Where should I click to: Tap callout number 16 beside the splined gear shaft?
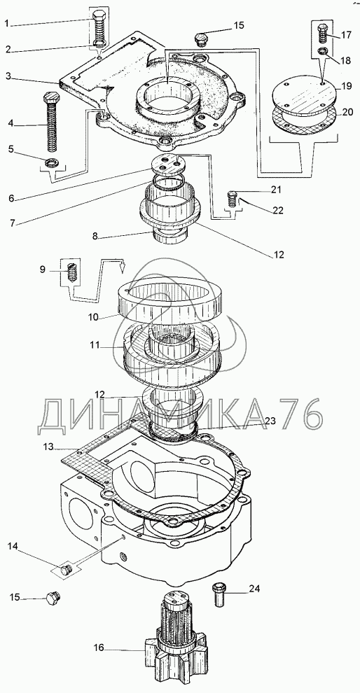[x=98, y=648]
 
